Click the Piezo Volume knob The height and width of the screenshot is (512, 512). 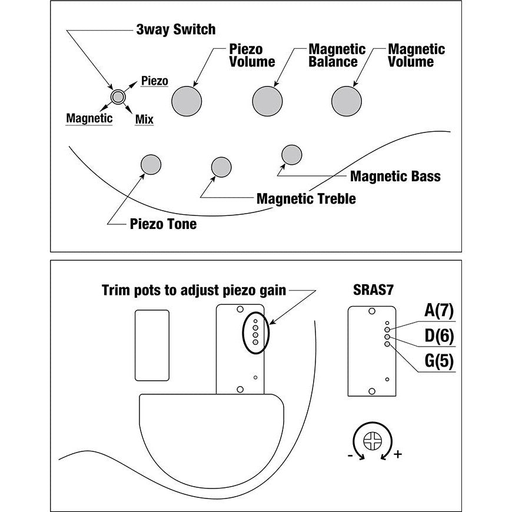click(187, 101)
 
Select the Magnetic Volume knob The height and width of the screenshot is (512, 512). click(347, 101)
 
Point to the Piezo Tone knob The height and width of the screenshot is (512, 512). click(151, 164)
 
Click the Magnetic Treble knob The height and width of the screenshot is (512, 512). click(221, 167)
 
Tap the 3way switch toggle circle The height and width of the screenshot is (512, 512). click(118, 97)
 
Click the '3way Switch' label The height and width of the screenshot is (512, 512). click(175, 29)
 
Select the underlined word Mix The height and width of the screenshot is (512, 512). click(144, 120)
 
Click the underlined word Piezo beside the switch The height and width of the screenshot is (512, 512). click(155, 81)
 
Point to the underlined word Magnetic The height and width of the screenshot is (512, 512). click(89, 118)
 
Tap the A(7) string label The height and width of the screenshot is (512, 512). click(438, 310)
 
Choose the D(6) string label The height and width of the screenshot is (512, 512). click(438, 335)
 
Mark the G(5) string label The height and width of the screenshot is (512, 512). click(438, 361)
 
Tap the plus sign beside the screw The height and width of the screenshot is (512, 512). click(398, 455)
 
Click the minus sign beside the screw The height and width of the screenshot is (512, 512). click(351, 455)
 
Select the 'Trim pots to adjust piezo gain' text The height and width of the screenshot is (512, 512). click(194, 290)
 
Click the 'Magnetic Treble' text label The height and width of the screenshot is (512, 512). click(306, 199)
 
